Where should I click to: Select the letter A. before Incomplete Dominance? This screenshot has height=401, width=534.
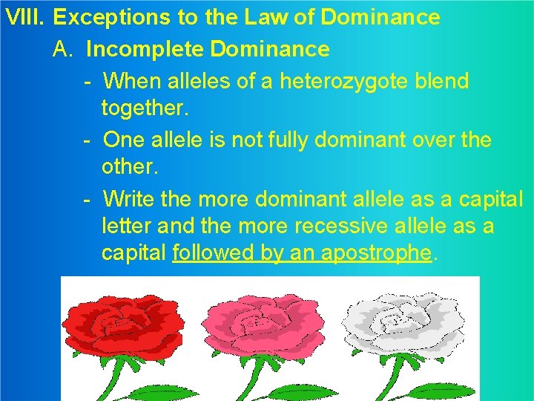63,50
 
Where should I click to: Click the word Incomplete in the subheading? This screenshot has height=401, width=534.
145,50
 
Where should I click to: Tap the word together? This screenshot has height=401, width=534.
145,109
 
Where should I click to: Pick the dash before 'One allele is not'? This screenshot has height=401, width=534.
87,140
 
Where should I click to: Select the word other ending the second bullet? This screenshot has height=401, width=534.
129,167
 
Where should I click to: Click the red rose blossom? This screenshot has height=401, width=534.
122,323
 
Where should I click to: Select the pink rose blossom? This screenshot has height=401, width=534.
263,323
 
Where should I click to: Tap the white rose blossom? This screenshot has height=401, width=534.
404,323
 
